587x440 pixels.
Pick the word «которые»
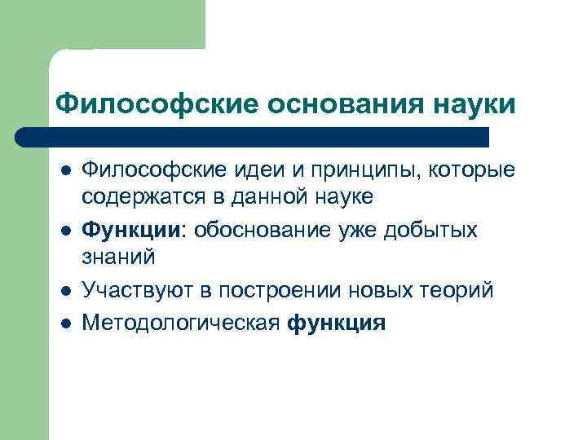point(476,172)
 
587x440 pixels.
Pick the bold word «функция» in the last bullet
point(336,323)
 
